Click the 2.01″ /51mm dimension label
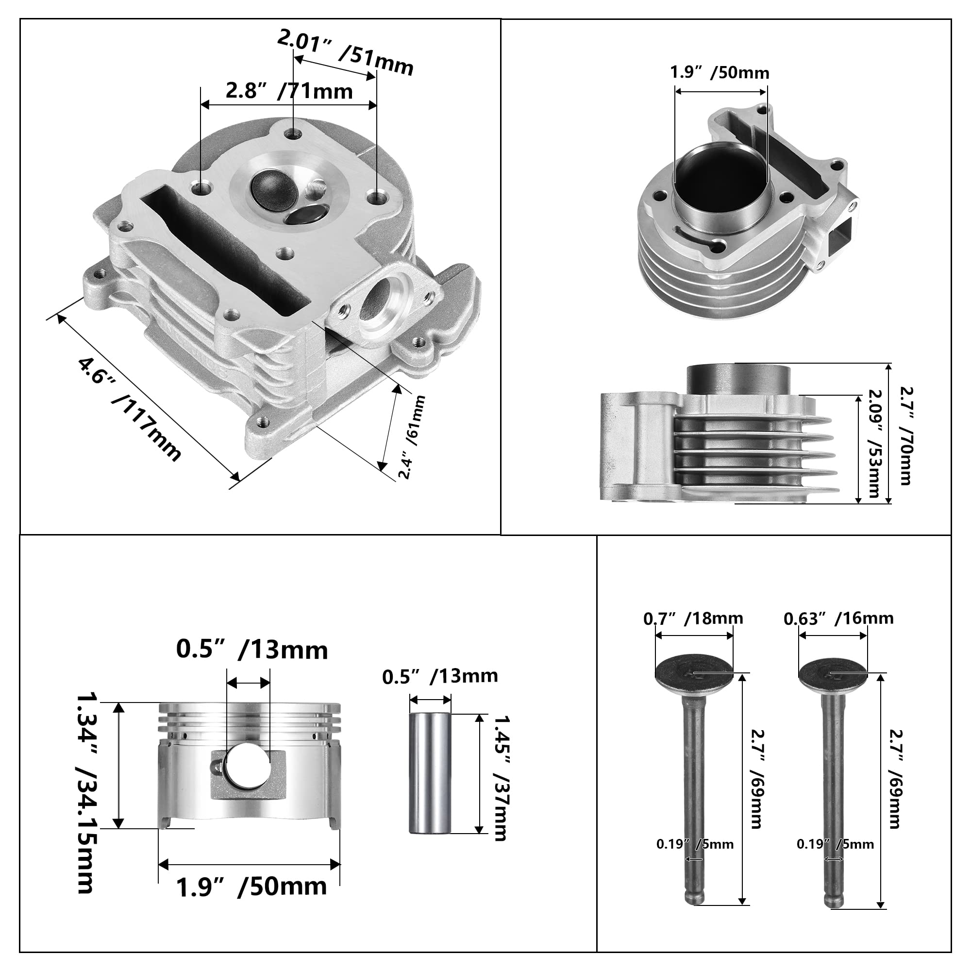(346, 52)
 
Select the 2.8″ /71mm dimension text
(289, 91)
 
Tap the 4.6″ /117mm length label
(129, 408)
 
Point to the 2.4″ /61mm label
(412, 437)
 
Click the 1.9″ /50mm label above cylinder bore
(719, 73)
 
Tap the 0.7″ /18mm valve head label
(693, 618)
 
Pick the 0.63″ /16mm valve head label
(838, 618)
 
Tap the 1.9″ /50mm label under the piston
(251, 886)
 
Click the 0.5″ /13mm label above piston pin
(440, 676)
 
